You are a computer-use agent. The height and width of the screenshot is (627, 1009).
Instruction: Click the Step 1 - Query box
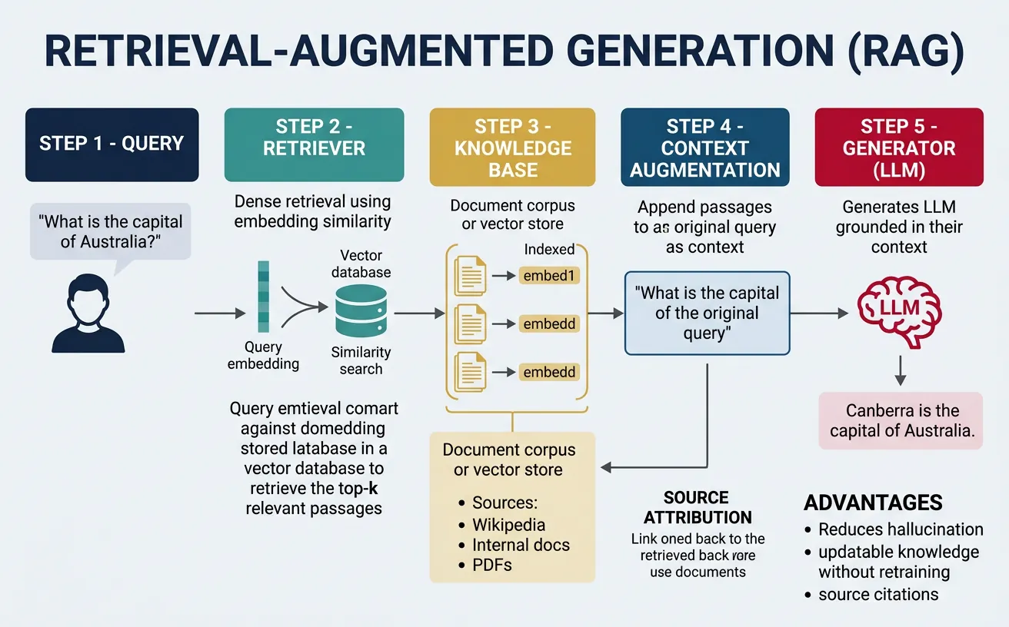(x=112, y=144)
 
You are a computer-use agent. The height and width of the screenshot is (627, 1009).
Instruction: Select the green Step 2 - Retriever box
(x=314, y=144)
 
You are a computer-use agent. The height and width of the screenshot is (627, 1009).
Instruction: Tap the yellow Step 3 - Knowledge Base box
(x=512, y=148)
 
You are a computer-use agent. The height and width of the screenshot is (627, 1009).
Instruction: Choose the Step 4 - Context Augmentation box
(x=704, y=148)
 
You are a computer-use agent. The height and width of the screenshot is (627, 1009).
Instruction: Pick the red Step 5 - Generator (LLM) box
(x=898, y=148)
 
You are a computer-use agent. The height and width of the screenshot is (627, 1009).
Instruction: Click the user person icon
(x=88, y=315)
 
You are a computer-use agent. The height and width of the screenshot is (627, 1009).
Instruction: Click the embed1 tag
(x=548, y=276)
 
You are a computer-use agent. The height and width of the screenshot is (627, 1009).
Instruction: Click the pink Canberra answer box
(x=899, y=420)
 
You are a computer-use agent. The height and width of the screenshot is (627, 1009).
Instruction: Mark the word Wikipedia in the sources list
(x=508, y=525)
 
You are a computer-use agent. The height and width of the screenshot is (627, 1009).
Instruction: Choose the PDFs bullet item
(x=491, y=565)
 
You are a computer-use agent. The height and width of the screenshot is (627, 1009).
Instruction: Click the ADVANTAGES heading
(x=873, y=503)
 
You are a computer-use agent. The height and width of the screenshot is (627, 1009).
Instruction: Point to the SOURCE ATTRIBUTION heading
(x=698, y=507)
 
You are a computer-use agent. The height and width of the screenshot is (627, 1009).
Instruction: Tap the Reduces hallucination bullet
(x=900, y=529)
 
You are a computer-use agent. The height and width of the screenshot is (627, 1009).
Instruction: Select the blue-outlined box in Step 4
(x=707, y=313)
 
